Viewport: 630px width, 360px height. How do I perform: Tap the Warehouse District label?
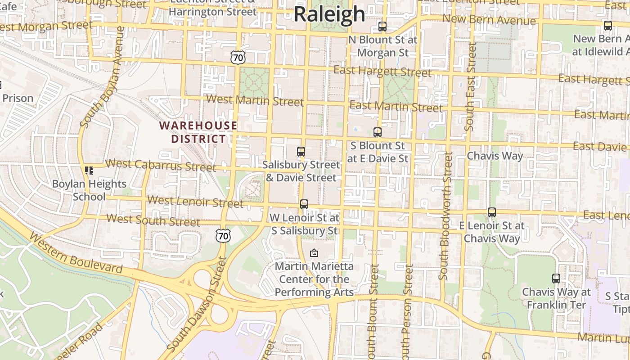point(198,132)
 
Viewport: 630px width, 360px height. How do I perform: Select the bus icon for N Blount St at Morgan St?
point(382,27)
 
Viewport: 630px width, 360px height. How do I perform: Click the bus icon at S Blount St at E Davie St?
point(378,132)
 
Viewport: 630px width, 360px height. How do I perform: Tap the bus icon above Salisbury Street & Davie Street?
point(301,152)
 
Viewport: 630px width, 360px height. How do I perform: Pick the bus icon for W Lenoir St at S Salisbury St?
point(304,204)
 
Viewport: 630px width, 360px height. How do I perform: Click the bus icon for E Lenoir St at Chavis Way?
point(492,212)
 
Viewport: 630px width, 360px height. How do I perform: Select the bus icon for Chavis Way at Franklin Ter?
point(556,279)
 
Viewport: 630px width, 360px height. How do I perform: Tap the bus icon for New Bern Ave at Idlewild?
point(608,26)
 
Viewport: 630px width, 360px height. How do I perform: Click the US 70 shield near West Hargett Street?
point(238,57)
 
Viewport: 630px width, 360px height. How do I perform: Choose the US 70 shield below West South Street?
point(223,235)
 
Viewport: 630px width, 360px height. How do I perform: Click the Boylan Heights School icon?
point(89,171)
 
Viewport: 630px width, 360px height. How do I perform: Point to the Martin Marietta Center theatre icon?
point(314,253)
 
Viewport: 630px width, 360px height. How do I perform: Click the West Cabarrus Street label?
point(161,165)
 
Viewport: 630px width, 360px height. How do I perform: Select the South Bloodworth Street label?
point(446,216)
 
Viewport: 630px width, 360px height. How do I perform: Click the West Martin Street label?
point(255,100)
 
